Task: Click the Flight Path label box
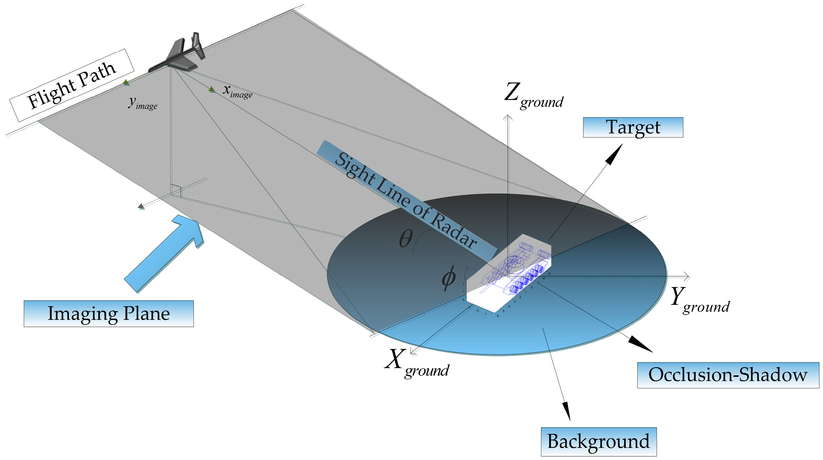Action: click(x=72, y=86)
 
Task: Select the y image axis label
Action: click(x=143, y=103)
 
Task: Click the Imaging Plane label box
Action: click(x=108, y=314)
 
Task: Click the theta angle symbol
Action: click(x=406, y=238)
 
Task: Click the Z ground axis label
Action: click(x=534, y=96)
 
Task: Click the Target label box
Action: click(x=633, y=127)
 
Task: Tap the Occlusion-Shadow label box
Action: click(x=728, y=375)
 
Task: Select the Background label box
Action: click(x=598, y=442)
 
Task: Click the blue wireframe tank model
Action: click(x=518, y=271)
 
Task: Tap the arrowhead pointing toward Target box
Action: click(x=615, y=155)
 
